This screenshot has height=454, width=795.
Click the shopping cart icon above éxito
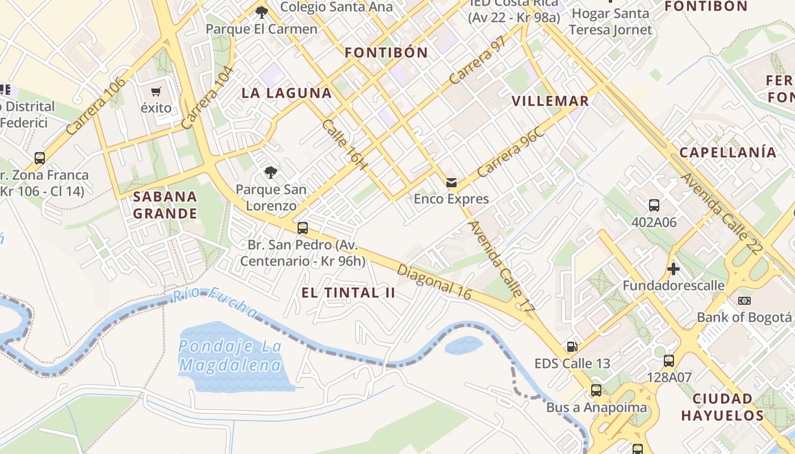(156, 91)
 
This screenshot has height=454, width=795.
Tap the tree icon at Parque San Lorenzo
(271, 172)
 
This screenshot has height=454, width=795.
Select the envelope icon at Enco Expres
(451, 182)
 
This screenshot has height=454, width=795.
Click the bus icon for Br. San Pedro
(303, 228)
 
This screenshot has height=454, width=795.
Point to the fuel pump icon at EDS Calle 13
(572, 346)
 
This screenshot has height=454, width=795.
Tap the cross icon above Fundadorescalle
(673, 268)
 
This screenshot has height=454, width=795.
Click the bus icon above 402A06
(654, 205)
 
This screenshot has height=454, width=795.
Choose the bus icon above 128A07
(669, 360)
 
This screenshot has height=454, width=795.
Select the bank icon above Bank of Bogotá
(744, 300)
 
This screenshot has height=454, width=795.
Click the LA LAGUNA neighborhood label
(287, 93)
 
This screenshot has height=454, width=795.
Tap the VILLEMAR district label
(550, 101)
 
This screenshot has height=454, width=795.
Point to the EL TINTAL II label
(348, 293)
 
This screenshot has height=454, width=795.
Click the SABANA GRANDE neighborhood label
(165, 205)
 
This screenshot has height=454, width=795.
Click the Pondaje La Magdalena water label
(230, 355)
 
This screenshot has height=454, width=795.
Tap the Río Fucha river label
(215, 301)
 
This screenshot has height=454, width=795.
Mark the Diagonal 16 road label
(434, 281)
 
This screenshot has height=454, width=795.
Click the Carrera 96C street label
(511, 153)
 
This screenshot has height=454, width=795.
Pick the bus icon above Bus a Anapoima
(596, 390)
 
